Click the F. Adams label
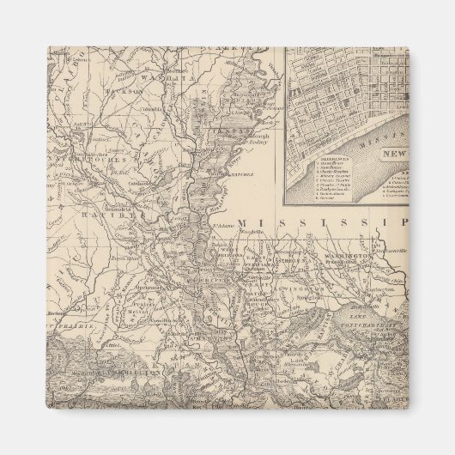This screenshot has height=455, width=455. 222,225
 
